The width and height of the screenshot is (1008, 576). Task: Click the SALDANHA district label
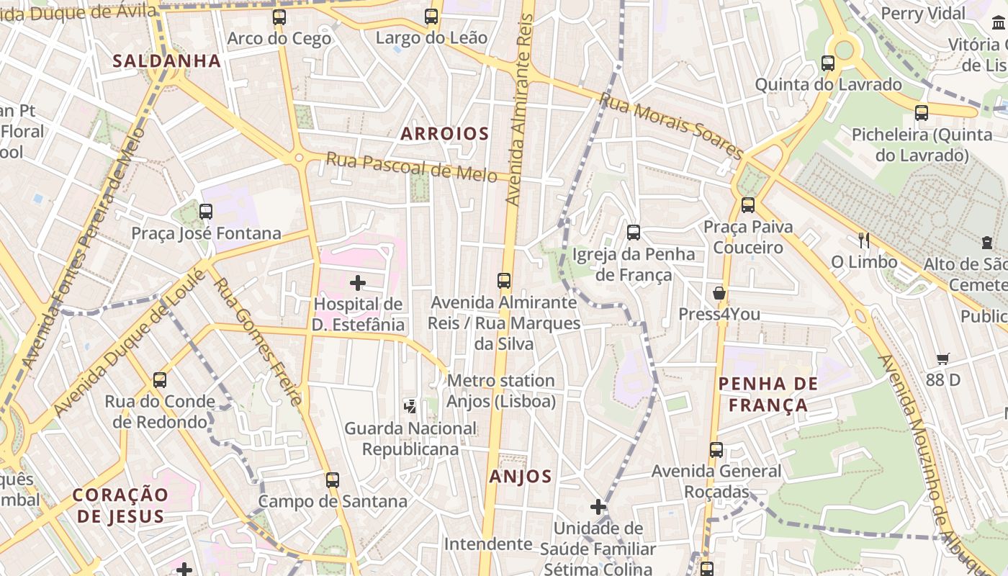tap(166, 60)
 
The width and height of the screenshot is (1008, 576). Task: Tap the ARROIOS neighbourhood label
tap(444, 133)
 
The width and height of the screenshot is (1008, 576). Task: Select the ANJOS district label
tap(521, 476)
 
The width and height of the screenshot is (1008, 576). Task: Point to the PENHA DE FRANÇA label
tap(768, 394)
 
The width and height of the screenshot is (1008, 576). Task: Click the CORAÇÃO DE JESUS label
tap(120, 505)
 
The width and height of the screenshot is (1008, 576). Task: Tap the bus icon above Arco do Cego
tap(279, 17)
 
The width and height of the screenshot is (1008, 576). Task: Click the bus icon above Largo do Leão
tap(431, 16)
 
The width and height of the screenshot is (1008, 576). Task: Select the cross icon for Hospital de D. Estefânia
tap(358, 283)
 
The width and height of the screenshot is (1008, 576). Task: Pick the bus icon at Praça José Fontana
tap(206, 212)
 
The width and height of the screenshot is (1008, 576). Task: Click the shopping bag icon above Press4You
tap(719, 293)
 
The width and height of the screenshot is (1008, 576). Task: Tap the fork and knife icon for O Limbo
tap(864, 240)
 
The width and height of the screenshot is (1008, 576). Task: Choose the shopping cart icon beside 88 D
tap(943, 359)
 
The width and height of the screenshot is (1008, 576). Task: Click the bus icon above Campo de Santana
tap(332, 480)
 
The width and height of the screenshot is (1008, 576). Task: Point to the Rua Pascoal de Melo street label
tap(411, 166)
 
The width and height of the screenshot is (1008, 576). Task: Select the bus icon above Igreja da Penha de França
tap(634, 232)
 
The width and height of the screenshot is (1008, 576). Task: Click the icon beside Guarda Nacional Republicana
tap(410, 407)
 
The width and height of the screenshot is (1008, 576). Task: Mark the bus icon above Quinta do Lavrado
tap(828, 63)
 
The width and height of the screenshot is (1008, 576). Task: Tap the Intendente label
tap(487, 544)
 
